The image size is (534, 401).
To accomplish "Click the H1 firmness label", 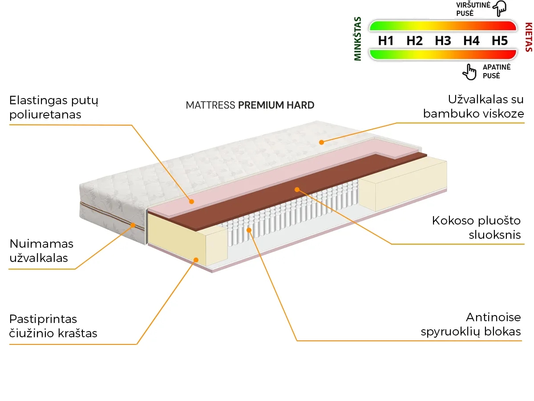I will pos(386,41).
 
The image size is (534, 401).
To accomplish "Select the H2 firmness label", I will pos(414,41).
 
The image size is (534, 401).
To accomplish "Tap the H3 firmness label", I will pos(443,41).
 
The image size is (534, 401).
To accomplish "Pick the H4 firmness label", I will pos(471,41).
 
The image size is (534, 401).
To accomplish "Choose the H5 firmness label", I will pos(500,41).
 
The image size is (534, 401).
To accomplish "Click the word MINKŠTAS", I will pos(358,39).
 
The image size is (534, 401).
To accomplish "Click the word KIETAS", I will pos(528,37).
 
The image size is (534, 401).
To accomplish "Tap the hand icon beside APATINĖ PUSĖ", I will pos(469,71).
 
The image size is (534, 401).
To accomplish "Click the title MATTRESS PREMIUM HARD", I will pos(250,106).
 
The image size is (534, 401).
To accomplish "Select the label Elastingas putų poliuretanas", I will pos(54,107).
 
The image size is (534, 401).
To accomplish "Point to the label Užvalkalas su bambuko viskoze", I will pos(473,106).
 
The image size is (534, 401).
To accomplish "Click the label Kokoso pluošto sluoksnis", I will pos(476,227).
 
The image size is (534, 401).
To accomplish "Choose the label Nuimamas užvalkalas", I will pos(41,250).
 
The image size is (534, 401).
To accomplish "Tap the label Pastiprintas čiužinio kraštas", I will pos(53,326).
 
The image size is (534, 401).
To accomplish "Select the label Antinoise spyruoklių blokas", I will pos(471,324).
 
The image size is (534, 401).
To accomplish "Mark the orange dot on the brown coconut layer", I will pos(297,189).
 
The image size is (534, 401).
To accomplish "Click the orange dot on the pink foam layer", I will pos(192,201).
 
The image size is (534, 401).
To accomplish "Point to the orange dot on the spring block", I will pos(249,230).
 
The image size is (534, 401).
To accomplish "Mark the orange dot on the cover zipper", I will pos(133,225).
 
